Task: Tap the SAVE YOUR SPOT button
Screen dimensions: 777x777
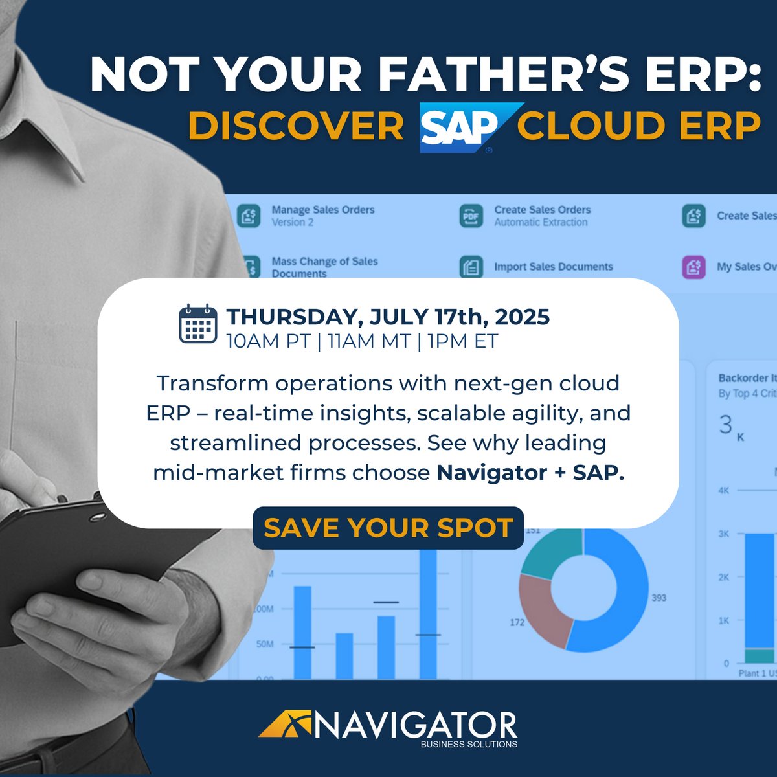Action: click(x=388, y=528)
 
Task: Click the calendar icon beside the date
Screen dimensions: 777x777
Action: click(x=197, y=323)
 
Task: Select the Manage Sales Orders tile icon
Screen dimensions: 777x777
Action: click(x=249, y=216)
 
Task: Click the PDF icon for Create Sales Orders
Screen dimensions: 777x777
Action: click(x=471, y=216)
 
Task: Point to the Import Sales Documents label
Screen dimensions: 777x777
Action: click(x=553, y=267)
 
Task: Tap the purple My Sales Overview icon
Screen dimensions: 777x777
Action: click(x=694, y=267)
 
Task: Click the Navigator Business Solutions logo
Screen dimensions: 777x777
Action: click(x=388, y=728)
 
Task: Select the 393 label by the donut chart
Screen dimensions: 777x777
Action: click(x=659, y=598)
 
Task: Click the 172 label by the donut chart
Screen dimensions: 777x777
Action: click(x=517, y=622)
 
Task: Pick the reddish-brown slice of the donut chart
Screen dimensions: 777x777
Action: click(x=544, y=609)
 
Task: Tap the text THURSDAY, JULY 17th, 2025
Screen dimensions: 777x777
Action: click(x=388, y=317)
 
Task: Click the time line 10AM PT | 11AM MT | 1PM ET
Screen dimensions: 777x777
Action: click(x=362, y=341)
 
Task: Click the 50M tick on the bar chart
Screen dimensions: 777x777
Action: click(x=265, y=644)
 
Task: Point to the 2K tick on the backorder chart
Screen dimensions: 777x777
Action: click(x=723, y=577)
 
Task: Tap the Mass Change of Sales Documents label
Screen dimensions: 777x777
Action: click(x=324, y=267)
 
